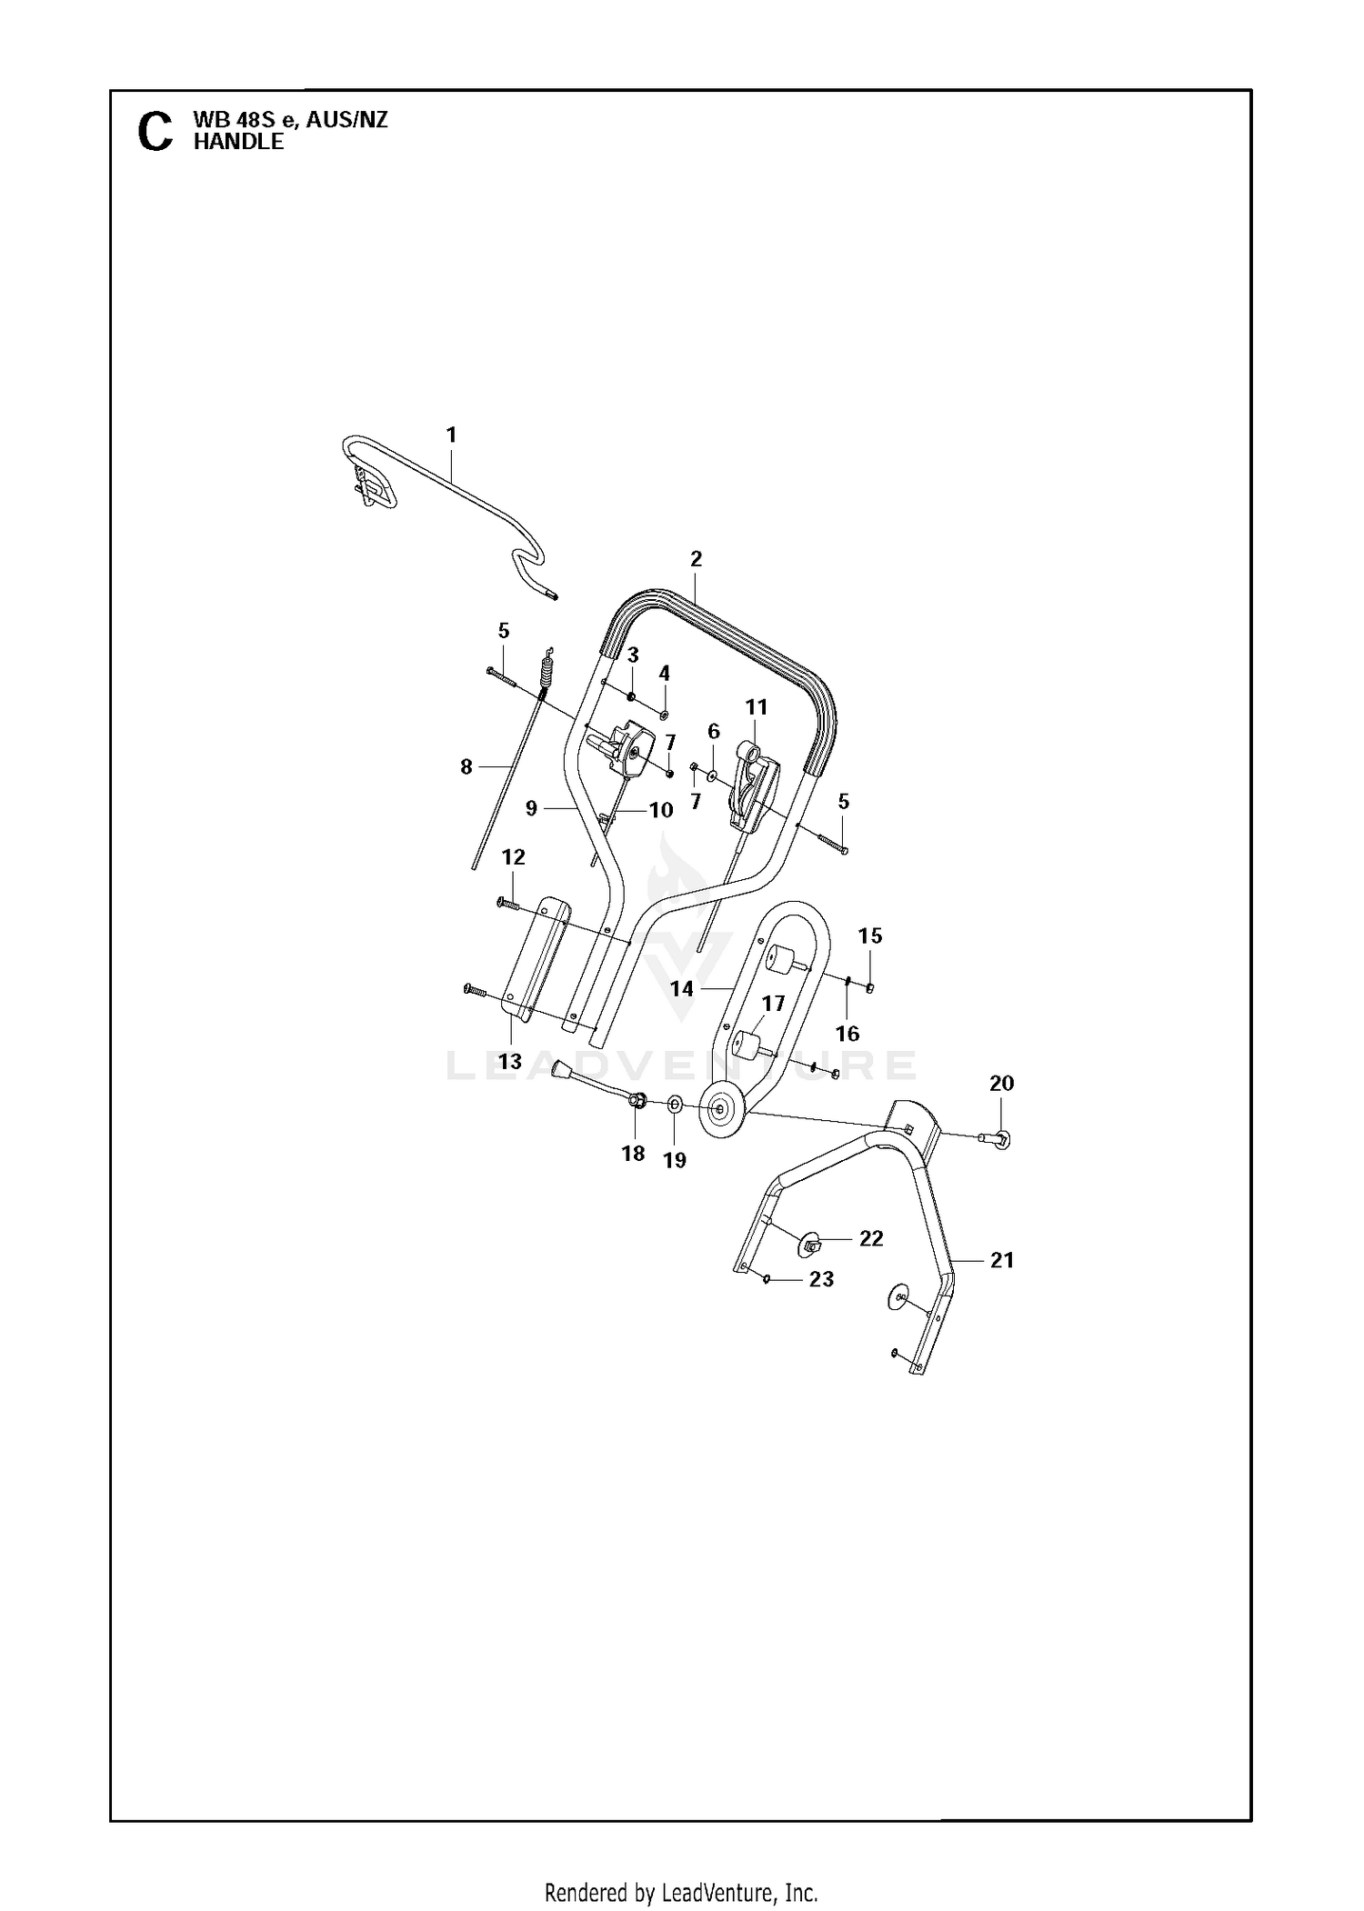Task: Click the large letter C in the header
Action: [155, 132]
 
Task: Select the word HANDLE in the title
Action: [238, 142]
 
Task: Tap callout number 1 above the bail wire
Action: [451, 435]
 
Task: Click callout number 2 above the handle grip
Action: [697, 559]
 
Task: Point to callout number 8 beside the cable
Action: [466, 767]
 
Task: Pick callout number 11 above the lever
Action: [757, 706]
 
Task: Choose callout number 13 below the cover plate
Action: [510, 1061]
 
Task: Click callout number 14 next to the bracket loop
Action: [682, 988]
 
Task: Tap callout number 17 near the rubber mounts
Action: [773, 1004]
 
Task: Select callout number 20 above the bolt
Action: [1001, 1083]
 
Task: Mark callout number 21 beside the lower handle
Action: [1002, 1260]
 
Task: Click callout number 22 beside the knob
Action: [871, 1238]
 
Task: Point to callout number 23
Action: [821, 1279]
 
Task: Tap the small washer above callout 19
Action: [674, 1105]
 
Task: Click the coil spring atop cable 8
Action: [547, 672]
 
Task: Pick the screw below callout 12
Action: [507, 903]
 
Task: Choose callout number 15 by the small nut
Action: [870, 935]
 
